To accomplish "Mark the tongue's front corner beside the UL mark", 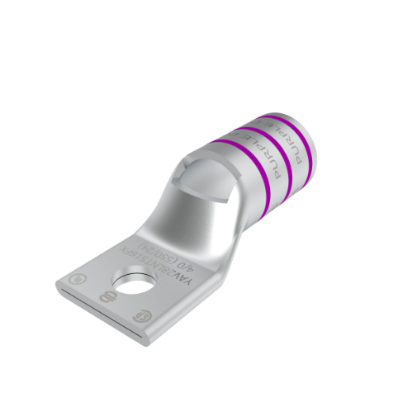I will pos(61,284).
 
